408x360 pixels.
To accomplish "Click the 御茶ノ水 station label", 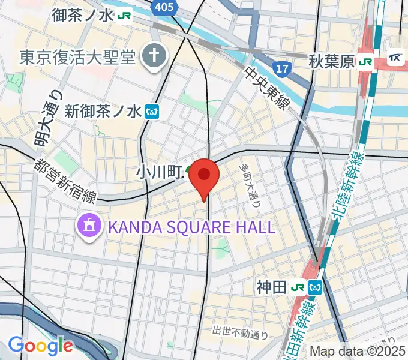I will (x=82, y=15).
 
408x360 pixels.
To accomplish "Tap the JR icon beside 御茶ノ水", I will (x=124, y=15).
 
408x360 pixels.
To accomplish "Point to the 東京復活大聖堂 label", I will (x=77, y=57).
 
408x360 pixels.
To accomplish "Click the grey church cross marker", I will (x=154, y=57).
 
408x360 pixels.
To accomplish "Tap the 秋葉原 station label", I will (x=332, y=61).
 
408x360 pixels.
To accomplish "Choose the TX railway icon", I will (x=395, y=58).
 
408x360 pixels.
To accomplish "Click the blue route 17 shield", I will (x=281, y=68).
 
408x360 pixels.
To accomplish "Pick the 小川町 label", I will (x=158, y=172).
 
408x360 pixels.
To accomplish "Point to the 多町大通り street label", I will (x=250, y=184).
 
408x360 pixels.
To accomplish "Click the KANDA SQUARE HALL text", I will (x=191, y=227).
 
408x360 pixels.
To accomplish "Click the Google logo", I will (x=40, y=346).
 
